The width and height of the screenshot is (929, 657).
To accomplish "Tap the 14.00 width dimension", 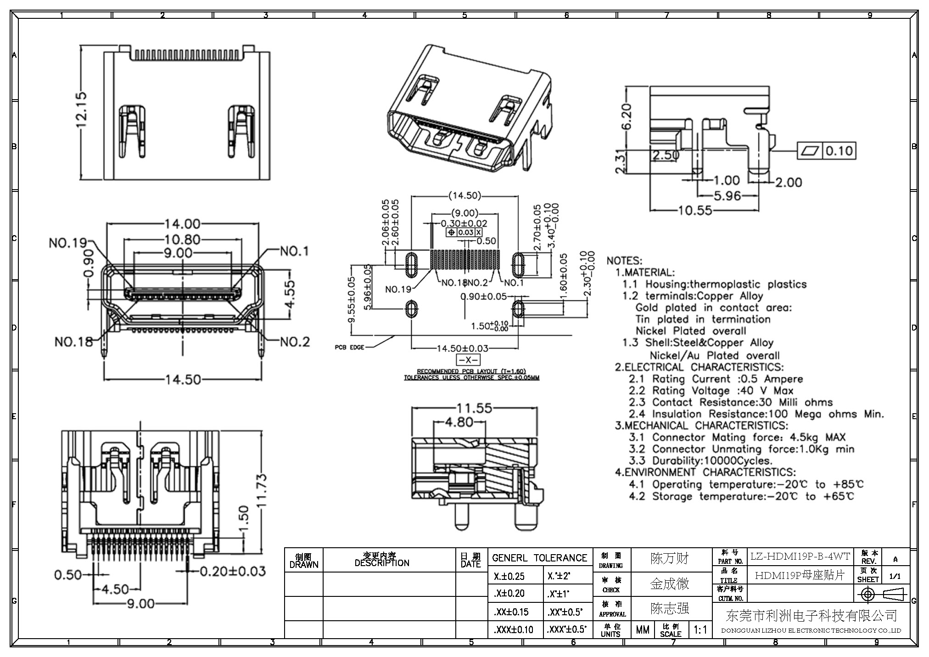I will tap(182, 224).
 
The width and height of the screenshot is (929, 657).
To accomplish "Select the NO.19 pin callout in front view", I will tap(68, 243).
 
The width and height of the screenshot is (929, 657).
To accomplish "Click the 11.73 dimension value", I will tap(261, 490).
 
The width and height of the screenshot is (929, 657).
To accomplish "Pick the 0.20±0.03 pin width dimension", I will tap(233, 571).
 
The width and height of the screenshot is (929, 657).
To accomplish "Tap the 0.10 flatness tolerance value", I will tap(839, 151).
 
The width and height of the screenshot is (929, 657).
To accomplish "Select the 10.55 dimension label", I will tap(695, 210).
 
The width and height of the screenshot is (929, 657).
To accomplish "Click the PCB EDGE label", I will tap(349, 347).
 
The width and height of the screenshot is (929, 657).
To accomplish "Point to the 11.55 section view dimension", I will tap(474, 408).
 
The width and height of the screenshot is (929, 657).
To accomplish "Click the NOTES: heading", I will tap(624, 261).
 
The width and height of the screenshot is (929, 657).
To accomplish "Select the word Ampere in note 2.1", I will tap(783, 379).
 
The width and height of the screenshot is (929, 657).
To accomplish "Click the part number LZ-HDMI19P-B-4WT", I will tap(800, 556).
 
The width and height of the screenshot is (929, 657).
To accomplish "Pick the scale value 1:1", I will tap(700, 629).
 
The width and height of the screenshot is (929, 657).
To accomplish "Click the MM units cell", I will tap(643, 629).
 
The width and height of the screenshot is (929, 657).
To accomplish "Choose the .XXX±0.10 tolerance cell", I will tap(514, 629).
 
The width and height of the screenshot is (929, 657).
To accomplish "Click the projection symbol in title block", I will tap(881, 595).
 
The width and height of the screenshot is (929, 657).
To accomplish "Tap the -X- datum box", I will tap(468, 359).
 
